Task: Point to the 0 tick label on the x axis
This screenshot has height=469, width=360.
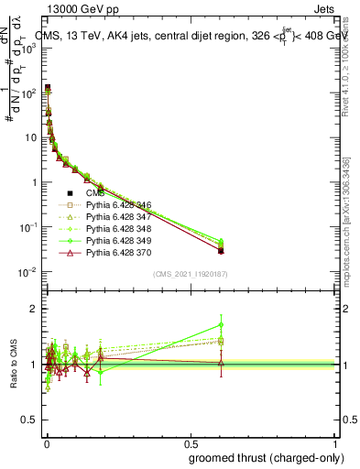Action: pos(45,443)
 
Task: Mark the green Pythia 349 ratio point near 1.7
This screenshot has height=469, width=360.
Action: pos(221,324)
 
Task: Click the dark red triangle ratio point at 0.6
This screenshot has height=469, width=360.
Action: pos(221,363)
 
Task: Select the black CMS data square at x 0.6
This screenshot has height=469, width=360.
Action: pos(221,250)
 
